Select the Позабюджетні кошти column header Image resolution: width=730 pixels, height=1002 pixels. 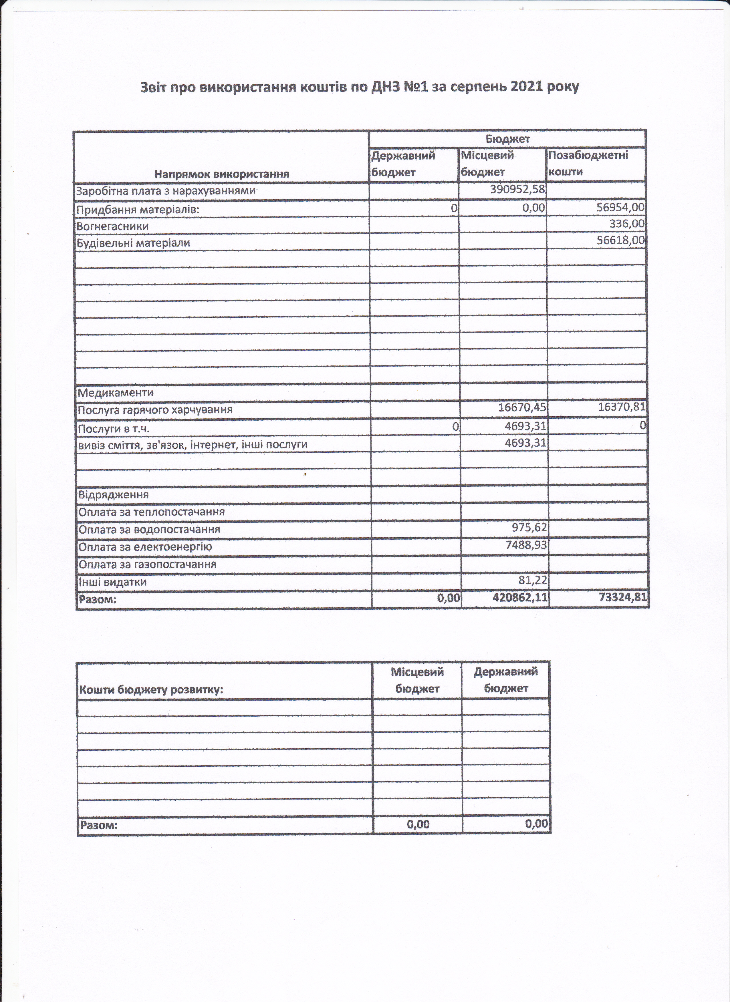[x=588, y=164]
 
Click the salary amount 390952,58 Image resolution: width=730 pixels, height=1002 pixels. [x=517, y=190]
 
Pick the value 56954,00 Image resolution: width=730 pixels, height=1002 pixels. [x=620, y=208]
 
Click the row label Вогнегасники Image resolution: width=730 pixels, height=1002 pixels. [x=113, y=226]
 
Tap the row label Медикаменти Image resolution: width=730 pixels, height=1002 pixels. [x=116, y=393]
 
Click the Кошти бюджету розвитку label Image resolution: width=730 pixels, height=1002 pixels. [x=151, y=690]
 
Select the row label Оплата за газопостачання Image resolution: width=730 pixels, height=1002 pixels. [x=148, y=564]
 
